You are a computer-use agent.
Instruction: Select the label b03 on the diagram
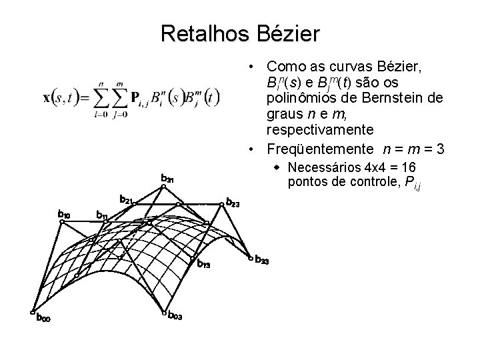point(175,316)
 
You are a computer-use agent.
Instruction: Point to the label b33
point(262,261)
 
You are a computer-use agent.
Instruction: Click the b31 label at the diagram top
point(167,178)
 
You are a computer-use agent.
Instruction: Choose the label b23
point(233,201)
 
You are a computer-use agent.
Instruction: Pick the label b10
point(65,214)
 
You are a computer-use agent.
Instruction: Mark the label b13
point(203,265)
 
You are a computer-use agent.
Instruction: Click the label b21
point(127,199)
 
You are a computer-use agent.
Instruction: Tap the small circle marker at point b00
point(32,311)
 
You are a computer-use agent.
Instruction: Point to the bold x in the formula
point(47,97)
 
